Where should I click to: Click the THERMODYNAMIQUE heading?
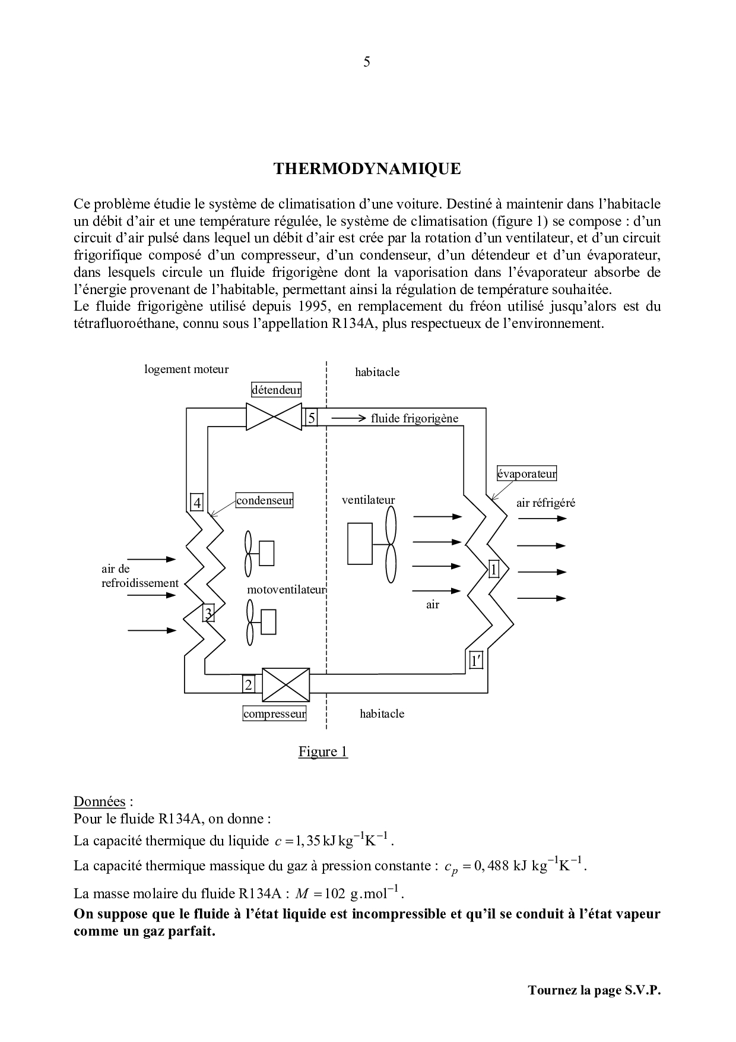(x=367, y=169)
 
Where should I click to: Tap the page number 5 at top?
(x=367, y=62)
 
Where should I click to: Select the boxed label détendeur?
(x=276, y=390)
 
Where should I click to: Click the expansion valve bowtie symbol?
(x=274, y=417)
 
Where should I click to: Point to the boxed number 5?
(x=311, y=418)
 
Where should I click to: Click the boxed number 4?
(x=197, y=503)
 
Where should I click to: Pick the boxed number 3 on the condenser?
(x=208, y=613)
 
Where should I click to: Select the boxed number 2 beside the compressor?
(x=249, y=685)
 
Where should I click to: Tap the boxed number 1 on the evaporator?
(x=494, y=570)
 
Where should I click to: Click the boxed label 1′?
(x=475, y=660)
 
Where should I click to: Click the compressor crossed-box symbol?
(x=285, y=685)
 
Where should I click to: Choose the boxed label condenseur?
(x=265, y=500)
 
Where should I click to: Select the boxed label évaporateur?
(x=526, y=473)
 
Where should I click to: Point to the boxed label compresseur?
(x=275, y=713)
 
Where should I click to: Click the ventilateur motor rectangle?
(x=360, y=544)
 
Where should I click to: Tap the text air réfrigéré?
(x=545, y=503)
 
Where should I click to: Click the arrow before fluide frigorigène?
(x=349, y=418)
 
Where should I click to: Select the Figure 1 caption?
(x=323, y=751)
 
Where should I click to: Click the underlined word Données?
(x=100, y=801)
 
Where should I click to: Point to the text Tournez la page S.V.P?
(x=594, y=990)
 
